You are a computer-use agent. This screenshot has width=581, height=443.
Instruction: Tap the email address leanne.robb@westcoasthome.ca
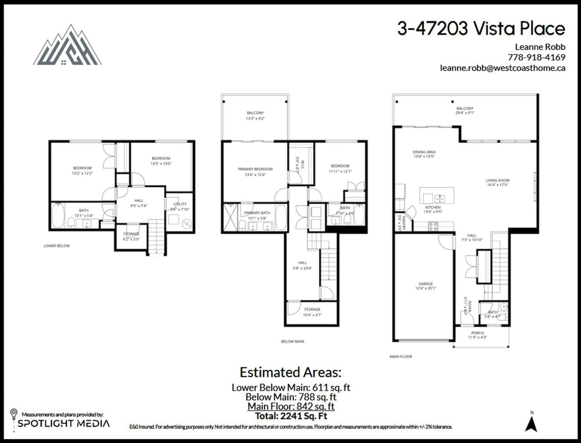(502, 68)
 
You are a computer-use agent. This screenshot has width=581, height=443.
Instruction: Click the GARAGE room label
(426, 284)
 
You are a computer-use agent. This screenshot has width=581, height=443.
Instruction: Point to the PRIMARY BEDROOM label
(255, 169)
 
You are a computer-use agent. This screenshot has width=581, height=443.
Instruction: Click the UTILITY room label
(180, 204)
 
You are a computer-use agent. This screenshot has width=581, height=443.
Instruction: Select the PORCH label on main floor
(478, 333)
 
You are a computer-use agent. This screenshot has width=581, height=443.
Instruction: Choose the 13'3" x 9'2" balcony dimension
(255, 118)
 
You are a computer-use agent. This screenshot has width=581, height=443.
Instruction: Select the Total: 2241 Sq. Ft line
(291, 416)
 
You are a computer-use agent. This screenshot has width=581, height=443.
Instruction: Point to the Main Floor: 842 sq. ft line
(291, 406)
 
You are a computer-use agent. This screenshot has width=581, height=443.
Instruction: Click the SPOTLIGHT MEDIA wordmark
(64, 423)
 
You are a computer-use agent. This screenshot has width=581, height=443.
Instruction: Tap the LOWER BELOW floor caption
(57, 246)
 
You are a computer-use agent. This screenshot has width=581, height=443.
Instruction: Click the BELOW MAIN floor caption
(292, 341)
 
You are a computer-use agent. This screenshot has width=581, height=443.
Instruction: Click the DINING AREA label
(424, 152)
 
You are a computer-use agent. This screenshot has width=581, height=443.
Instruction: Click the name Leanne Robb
(540, 47)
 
